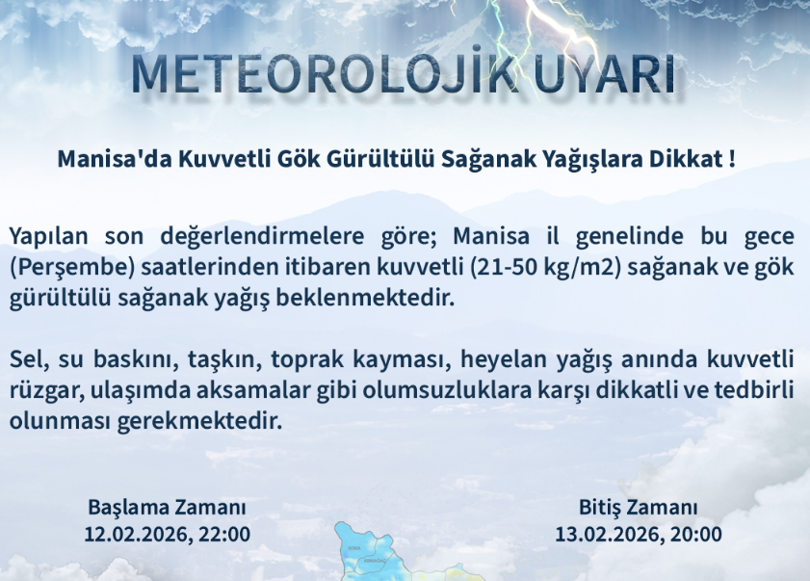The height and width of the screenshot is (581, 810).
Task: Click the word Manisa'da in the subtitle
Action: pos(114,158)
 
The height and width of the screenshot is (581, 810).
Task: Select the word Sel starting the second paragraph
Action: pos(26,360)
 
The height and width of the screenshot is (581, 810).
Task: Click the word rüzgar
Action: pos(41,391)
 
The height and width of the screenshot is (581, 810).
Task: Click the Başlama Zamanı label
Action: pos(168,508)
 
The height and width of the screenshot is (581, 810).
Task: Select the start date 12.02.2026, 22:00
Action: pos(168,534)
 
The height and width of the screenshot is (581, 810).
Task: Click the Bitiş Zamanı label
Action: pos(639,508)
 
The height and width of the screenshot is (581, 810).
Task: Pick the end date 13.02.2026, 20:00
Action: pos(639,534)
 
